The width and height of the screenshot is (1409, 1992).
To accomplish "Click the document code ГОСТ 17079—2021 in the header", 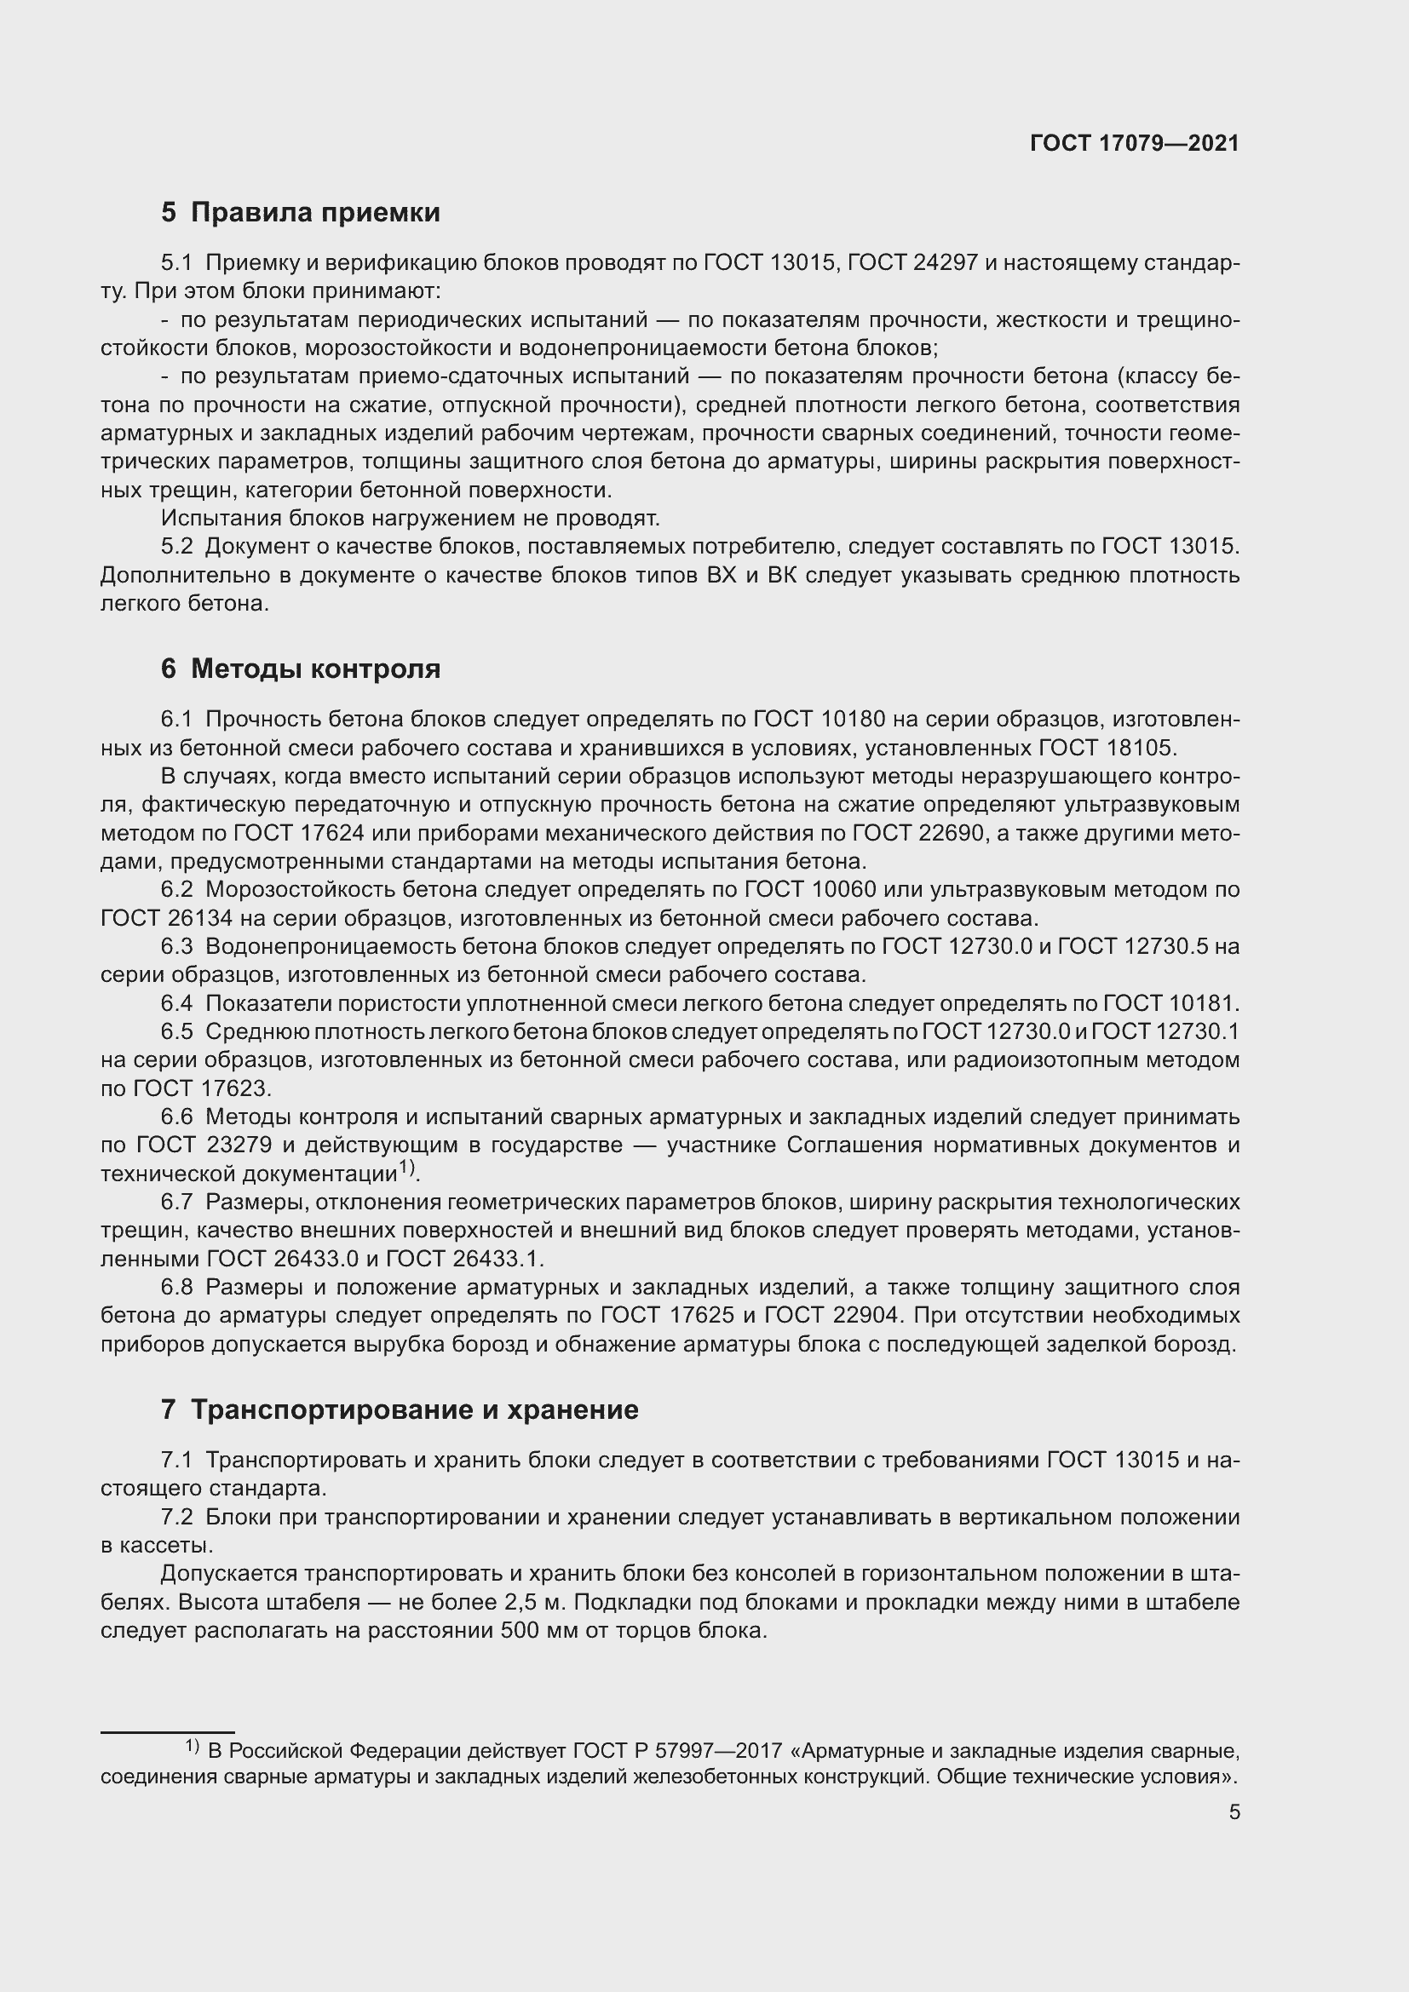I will [1134, 143].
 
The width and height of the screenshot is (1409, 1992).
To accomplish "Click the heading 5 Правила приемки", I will [300, 213].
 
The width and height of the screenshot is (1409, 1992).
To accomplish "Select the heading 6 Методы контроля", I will [300, 668].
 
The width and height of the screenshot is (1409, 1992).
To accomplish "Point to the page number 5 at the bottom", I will [1234, 1811].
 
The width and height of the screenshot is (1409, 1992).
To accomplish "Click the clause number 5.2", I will [176, 547].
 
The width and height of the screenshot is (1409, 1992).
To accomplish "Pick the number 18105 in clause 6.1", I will [1142, 748].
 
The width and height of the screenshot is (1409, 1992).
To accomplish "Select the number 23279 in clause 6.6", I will [237, 1145].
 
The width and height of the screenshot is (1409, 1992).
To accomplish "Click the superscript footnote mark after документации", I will [407, 1169].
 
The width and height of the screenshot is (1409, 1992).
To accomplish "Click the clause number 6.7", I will [176, 1203].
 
